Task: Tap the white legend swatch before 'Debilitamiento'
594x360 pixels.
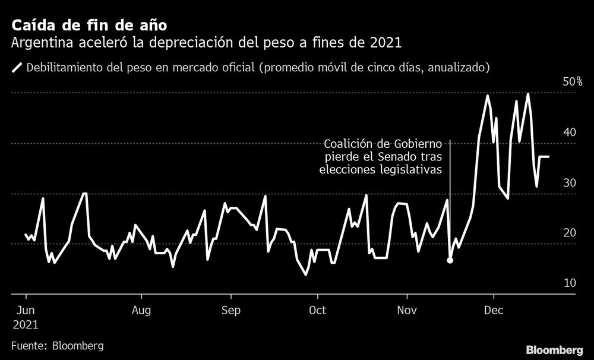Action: [16, 67]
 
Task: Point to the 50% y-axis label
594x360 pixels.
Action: [573, 81]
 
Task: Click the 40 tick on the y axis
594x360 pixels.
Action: [569, 132]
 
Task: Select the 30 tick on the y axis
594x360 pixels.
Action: [569, 182]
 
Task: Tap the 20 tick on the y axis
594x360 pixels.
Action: [569, 233]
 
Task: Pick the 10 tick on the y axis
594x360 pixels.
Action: [569, 283]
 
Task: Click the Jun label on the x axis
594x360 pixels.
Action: [25, 310]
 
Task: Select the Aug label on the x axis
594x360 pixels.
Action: [141, 310]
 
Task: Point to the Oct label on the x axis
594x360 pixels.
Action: [317, 310]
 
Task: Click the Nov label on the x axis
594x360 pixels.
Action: [407, 310]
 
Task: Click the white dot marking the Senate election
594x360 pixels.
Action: [450, 260]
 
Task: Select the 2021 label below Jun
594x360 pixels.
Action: [25, 325]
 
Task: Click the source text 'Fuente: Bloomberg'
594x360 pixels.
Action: [57, 346]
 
